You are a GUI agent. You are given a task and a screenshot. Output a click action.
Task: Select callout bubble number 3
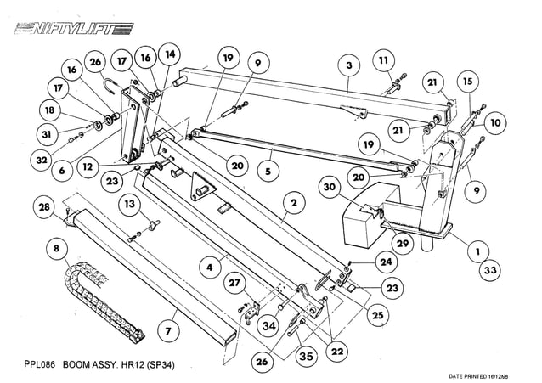[x=348, y=65]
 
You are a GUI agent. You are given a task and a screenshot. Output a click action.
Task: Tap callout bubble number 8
[x=57, y=250]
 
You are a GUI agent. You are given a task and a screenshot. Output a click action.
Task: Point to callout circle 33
[x=489, y=271]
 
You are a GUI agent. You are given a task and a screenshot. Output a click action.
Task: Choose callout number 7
[x=168, y=329]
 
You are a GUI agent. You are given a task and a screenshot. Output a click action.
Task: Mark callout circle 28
[x=42, y=207]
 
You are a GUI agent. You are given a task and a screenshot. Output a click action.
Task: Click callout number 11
[x=384, y=60]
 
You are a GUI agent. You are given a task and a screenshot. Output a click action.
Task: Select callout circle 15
[x=466, y=82]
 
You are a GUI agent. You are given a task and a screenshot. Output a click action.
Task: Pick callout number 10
[x=494, y=123]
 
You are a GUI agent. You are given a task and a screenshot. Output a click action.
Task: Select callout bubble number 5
[x=267, y=171]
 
